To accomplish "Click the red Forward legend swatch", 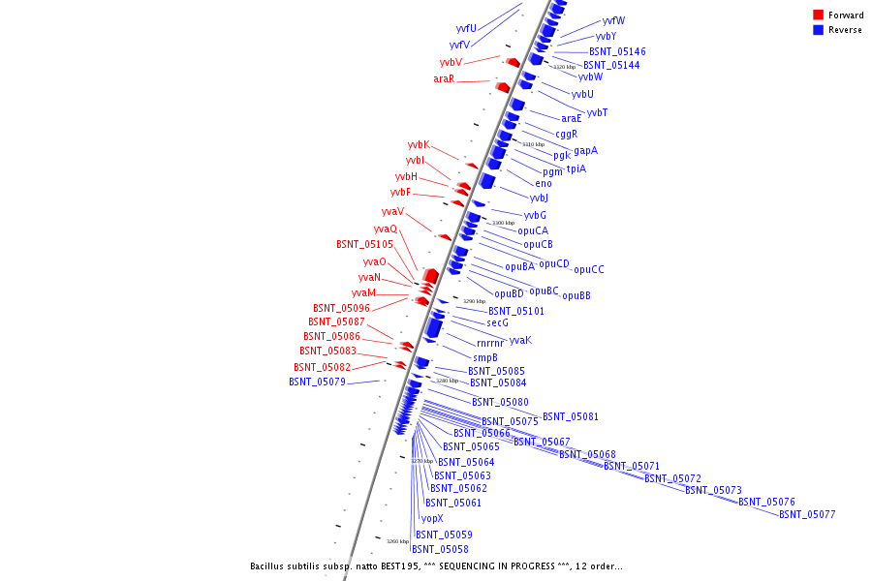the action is [x=819, y=15].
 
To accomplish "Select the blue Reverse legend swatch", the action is [x=819, y=30].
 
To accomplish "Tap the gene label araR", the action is [x=444, y=79].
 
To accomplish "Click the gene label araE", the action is [x=572, y=119].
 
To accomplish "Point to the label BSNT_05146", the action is [x=617, y=52].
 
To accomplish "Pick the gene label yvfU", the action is [x=466, y=29].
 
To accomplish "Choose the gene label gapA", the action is [x=585, y=151].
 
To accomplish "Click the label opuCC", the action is [x=588, y=270].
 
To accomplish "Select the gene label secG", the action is [x=497, y=323].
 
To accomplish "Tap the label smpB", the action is [x=485, y=357].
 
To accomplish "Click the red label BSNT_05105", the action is [x=364, y=245].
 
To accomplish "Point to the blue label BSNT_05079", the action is [x=317, y=382].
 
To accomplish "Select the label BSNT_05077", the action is [x=807, y=515].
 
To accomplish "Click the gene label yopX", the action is [x=432, y=519].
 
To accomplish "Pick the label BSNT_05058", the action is [x=442, y=550].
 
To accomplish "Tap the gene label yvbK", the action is [x=419, y=145].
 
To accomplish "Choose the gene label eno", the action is [x=544, y=183].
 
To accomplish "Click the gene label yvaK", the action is [x=520, y=341].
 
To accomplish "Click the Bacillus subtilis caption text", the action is [x=436, y=566].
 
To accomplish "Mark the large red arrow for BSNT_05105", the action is [x=431, y=276].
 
